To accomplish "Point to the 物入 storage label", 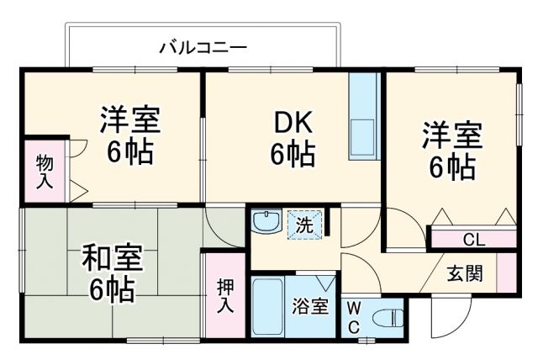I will [42, 170].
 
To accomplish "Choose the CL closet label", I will [473, 240].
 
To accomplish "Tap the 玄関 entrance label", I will [464, 275].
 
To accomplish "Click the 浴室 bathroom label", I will [310, 307].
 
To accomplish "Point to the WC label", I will [353, 316].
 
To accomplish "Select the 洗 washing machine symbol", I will [303, 225].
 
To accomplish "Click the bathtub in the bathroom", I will [268, 306].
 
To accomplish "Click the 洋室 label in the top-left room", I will [131, 119].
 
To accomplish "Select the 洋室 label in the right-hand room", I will [451, 135].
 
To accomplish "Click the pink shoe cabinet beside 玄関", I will [506, 272].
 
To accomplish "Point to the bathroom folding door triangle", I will [325, 281].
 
